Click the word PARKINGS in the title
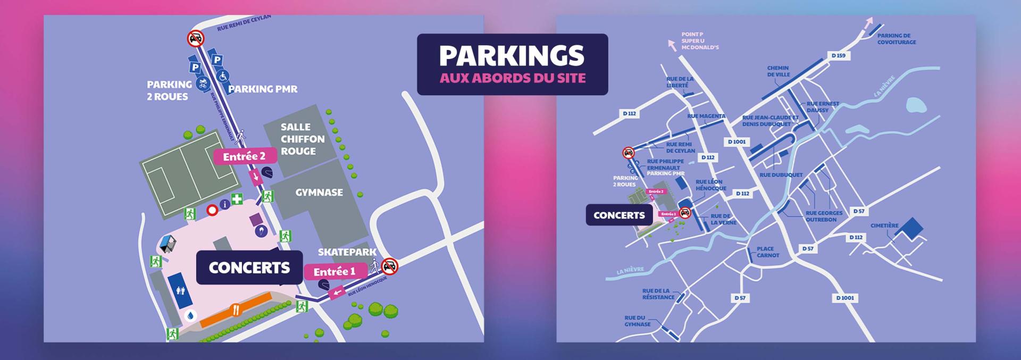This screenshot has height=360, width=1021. (512, 56)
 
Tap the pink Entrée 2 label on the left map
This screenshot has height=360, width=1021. (245, 156)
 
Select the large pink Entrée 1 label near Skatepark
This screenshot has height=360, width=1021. (334, 272)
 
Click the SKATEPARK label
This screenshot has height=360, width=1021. (347, 252)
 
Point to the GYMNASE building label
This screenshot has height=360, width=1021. (319, 192)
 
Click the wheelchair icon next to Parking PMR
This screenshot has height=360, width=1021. (223, 76)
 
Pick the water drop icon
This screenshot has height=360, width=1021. (190, 315)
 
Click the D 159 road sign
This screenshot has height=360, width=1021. (838, 56)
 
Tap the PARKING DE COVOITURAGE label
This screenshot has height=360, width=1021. (897, 39)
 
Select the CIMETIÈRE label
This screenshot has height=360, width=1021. (884, 225)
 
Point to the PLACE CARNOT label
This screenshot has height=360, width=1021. (768, 252)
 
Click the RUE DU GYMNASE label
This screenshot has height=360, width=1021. (638, 321)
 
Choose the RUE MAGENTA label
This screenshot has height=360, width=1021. (706, 116)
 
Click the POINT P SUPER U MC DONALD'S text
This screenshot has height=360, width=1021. (700, 41)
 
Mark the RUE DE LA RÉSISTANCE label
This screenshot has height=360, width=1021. (658, 294)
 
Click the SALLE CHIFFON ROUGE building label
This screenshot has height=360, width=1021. (302, 139)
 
